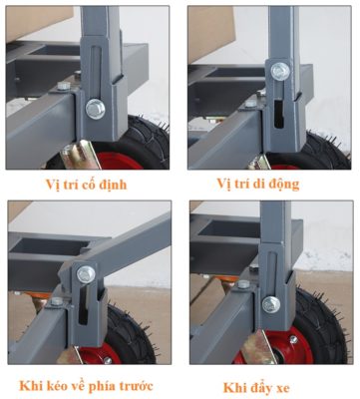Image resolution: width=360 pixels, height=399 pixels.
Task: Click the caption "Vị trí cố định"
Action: (x=87, y=185)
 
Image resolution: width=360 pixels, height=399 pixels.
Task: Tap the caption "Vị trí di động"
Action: (x=258, y=184)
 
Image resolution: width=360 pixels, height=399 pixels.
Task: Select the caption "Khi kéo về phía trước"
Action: (x=87, y=386)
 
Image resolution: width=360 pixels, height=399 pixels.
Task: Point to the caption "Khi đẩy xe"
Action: (x=256, y=388)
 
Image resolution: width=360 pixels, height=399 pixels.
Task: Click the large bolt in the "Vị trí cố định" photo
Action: (x=96, y=109)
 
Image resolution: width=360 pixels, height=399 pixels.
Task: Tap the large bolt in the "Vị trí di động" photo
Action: (x=280, y=72)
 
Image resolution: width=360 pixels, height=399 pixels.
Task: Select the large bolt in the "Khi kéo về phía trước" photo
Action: (x=86, y=274)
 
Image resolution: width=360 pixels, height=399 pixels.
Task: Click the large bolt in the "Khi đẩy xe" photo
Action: (x=271, y=305)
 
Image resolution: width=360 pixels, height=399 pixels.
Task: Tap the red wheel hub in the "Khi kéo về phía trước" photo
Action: (x=100, y=355)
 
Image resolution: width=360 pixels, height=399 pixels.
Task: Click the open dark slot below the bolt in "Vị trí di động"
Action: (x=279, y=115)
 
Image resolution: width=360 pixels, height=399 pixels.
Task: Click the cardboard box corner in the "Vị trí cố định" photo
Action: (x=39, y=23)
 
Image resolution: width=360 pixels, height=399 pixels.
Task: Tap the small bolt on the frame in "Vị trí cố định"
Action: (x=64, y=86)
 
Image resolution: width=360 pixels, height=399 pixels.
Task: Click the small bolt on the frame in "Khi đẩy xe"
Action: (x=243, y=284)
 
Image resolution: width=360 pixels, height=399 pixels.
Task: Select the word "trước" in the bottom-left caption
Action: (x=136, y=386)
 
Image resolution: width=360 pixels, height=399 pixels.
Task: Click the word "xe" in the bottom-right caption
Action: (x=283, y=389)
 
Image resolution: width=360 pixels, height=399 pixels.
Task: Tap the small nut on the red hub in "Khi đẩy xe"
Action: (x=293, y=340)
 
